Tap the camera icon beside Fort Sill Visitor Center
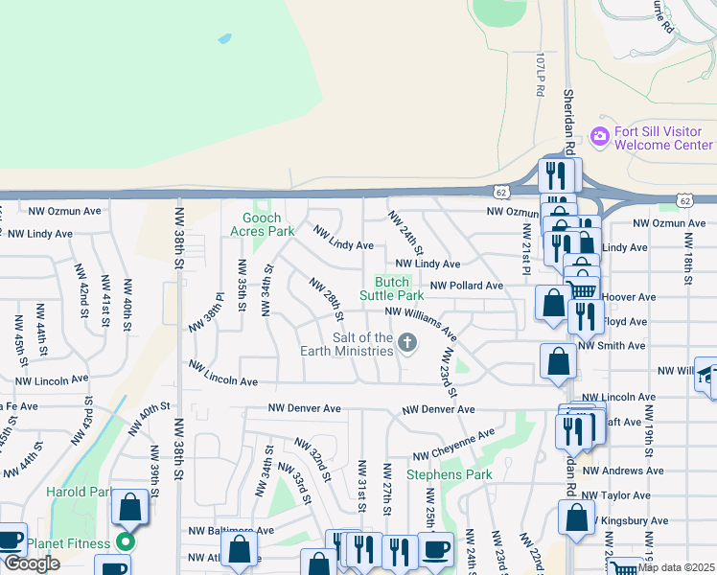click(600, 137)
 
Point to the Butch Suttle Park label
click(391, 288)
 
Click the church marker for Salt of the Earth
click(407, 343)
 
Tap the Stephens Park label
click(450, 474)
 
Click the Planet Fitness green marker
click(124, 542)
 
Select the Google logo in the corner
click(31, 563)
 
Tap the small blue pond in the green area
click(224, 39)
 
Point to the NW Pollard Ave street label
click(466, 286)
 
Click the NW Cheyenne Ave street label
click(453, 444)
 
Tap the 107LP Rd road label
click(541, 74)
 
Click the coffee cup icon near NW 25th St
click(436, 550)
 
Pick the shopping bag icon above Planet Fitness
click(129, 507)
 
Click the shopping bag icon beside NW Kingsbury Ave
click(576, 517)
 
